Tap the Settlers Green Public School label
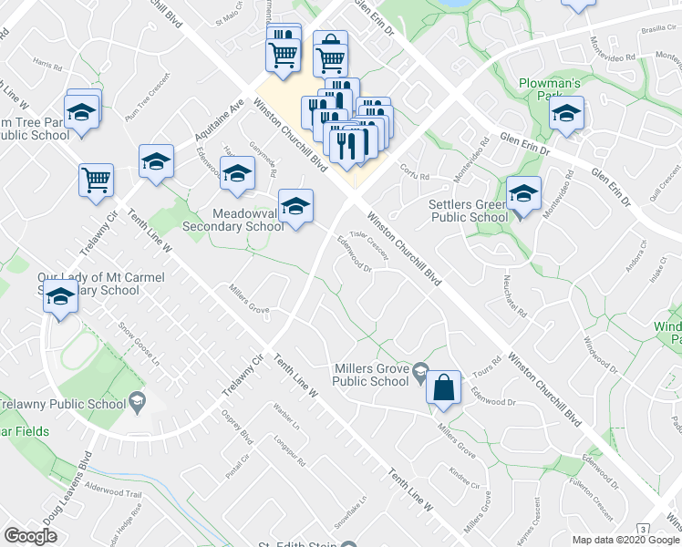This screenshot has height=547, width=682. click(468, 212)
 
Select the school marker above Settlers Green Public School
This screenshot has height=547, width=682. click(523, 194)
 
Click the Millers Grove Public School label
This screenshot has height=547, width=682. click(371, 375)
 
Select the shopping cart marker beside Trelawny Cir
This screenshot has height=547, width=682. click(96, 180)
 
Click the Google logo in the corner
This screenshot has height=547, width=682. click(30, 536)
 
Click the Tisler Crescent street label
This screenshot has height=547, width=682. click(368, 244)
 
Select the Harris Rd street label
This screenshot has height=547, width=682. click(46, 66)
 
